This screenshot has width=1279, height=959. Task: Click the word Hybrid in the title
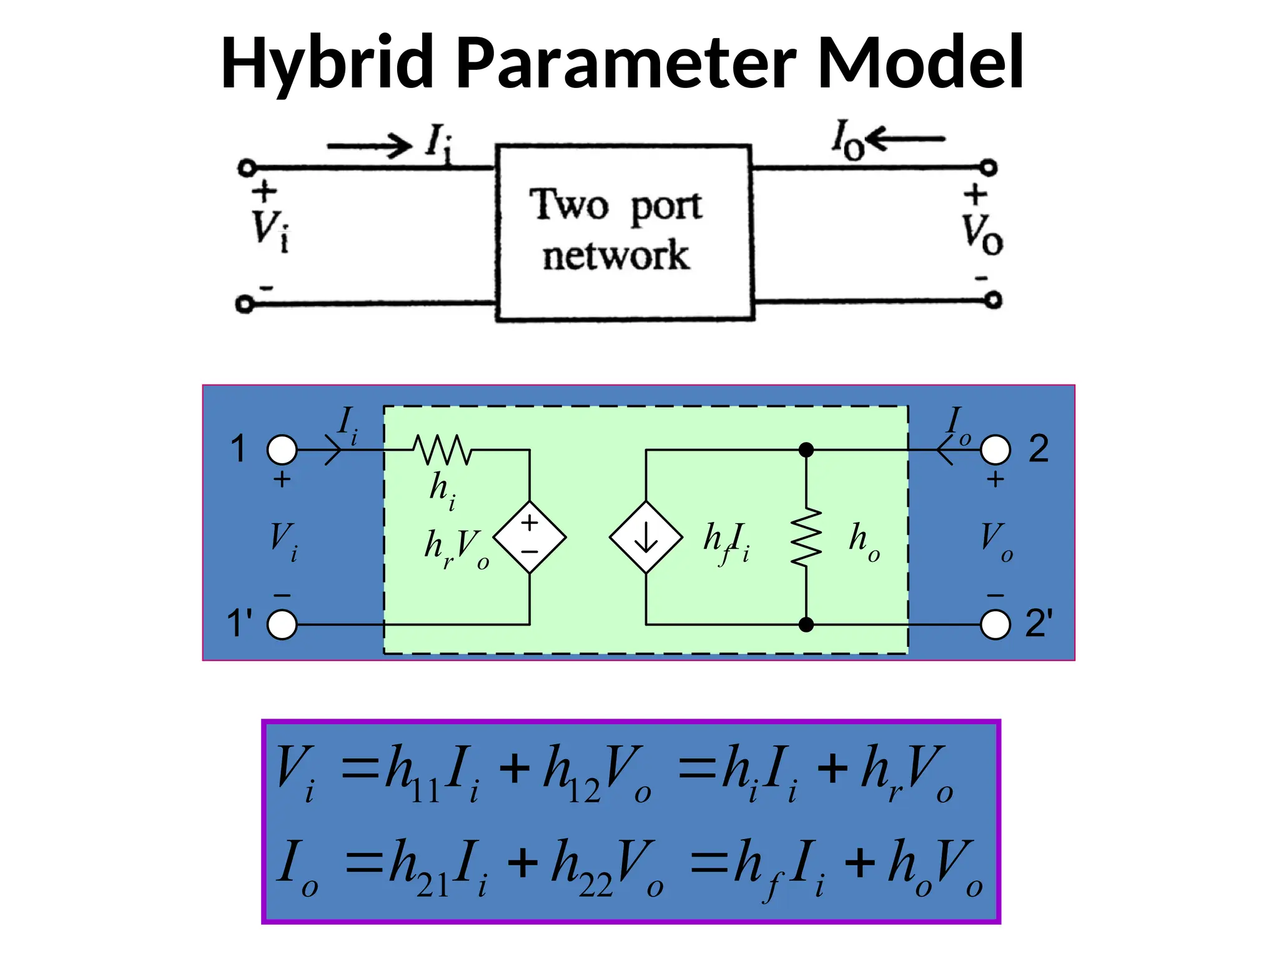coord(327,62)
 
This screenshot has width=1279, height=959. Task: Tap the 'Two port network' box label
coord(616,230)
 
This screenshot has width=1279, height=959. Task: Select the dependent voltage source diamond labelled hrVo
coord(530,537)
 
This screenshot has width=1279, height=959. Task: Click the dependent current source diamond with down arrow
coord(646,537)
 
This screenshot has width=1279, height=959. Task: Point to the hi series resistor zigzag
coord(442,450)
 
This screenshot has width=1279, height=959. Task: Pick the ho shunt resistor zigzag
coord(806,537)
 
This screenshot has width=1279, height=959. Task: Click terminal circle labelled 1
coord(282,450)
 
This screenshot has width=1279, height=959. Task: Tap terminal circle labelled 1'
coord(282,624)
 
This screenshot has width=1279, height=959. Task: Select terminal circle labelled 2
coord(995,450)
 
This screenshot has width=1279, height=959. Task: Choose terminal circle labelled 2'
coord(995,624)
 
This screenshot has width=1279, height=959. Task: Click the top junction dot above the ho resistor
coord(806,450)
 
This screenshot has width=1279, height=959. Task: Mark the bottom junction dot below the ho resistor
coord(806,624)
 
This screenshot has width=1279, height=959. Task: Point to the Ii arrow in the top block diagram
coord(369,146)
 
